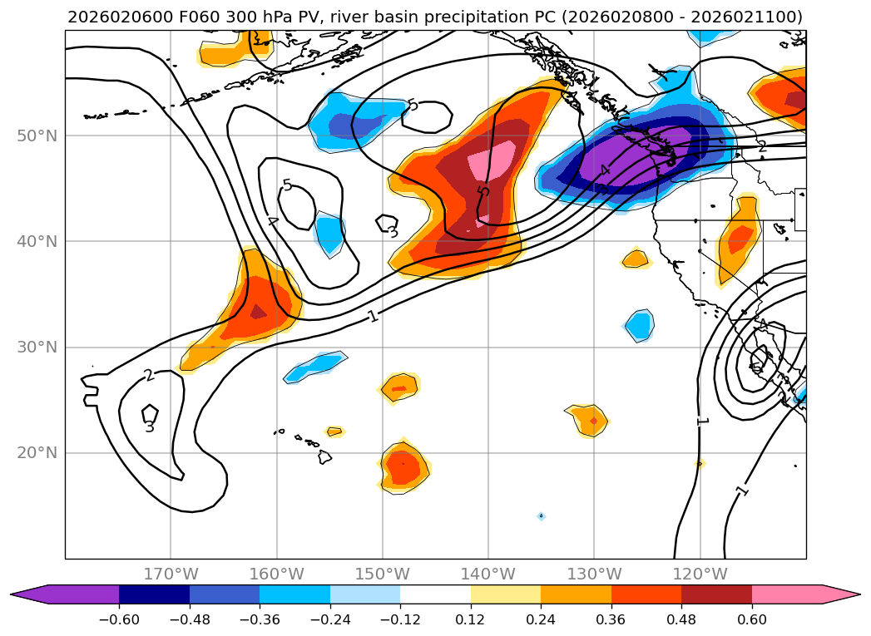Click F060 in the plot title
point(210,17)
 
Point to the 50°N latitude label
point(37,136)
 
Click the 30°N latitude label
point(37,348)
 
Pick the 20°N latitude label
point(37,453)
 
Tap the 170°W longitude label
point(171,574)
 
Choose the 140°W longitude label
point(488,574)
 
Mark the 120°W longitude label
point(700,574)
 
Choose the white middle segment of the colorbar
point(435,594)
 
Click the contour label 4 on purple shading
point(605,170)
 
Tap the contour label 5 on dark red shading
point(483,192)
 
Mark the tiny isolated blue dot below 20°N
point(541,516)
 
